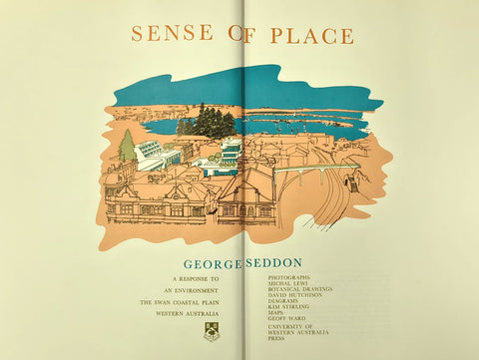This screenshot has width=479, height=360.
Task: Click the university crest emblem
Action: (x=211, y=330)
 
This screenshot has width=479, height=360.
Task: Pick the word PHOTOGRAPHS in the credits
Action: (x=289, y=277)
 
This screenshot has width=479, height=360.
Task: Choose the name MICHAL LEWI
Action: (x=286, y=283)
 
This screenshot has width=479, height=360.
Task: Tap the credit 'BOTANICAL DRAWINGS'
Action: (x=300, y=289)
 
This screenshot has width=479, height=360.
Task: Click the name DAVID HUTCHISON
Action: (x=296, y=295)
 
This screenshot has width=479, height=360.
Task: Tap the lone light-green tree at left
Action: (x=127, y=147)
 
